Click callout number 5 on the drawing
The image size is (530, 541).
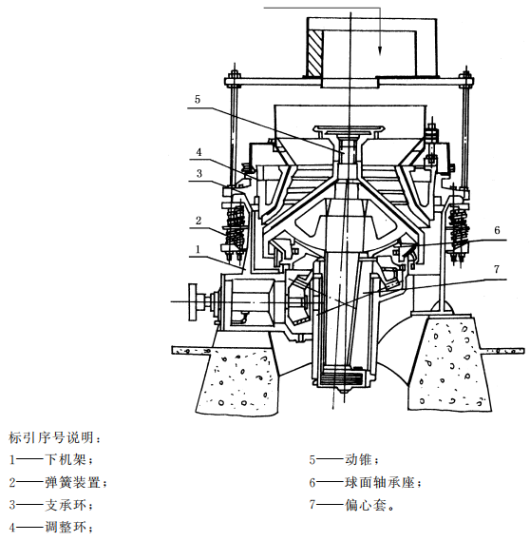tap(198, 100)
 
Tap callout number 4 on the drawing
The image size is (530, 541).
tap(199, 152)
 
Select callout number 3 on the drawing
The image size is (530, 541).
tap(199, 173)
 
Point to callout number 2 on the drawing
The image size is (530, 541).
tap(199, 221)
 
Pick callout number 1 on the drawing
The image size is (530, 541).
tap(198, 249)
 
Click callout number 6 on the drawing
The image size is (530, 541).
tap(497, 230)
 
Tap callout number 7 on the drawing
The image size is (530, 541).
tap(496, 269)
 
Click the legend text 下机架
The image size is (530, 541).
tap(66, 460)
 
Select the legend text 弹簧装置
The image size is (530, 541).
tap(72, 482)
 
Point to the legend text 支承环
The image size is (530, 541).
tap(66, 505)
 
